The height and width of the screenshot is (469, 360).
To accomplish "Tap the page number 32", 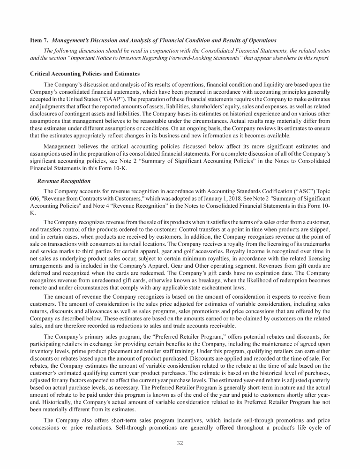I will click(x=180, y=445).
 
